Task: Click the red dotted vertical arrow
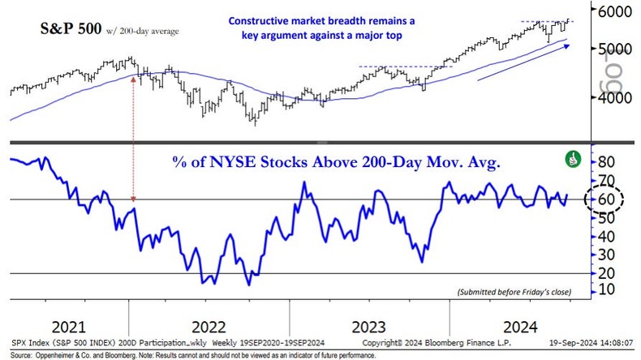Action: tap(133, 138)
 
